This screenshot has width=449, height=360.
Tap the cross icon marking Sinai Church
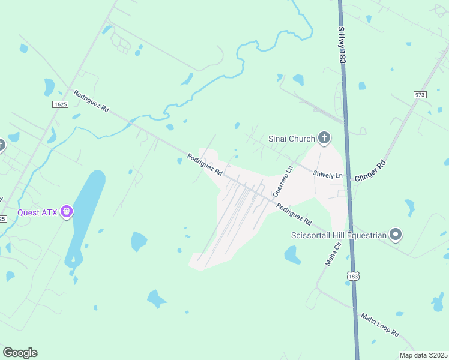point(324,139)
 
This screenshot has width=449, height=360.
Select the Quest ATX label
point(37,212)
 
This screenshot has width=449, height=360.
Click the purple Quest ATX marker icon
point(67,212)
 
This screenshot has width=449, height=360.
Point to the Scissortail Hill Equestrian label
point(338,235)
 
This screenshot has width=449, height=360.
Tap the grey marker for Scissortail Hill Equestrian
point(396,235)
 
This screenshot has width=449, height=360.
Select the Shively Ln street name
point(327,175)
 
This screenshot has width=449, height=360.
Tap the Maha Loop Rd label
point(379,323)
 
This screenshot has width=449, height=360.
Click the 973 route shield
point(420,95)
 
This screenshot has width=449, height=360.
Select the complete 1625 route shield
point(60,104)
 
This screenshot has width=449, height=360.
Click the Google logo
point(20,353)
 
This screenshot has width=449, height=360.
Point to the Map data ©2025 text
point(423,355)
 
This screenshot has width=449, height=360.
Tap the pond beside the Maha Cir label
point(292,255)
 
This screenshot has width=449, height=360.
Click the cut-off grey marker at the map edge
point(2,145)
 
